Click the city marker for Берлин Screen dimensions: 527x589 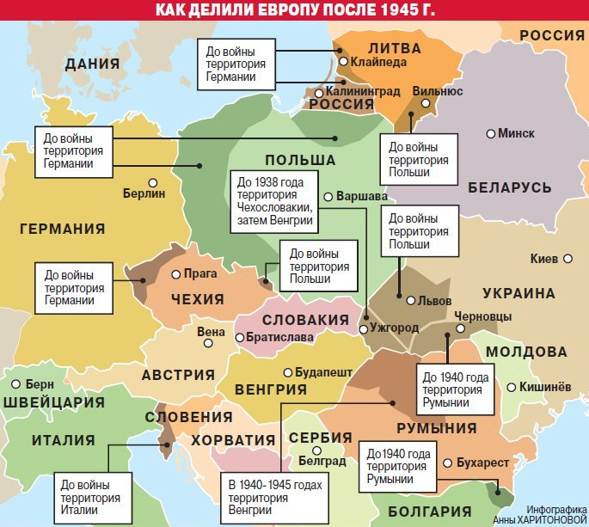point(152,182)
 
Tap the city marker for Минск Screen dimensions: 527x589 point(491,133)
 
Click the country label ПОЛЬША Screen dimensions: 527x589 point(300,161)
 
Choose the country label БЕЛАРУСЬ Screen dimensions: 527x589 point(510,187)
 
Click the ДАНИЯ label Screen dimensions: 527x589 point(91,63)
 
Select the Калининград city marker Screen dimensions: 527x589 point(318,93)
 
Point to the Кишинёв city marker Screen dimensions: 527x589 point(512,388)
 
